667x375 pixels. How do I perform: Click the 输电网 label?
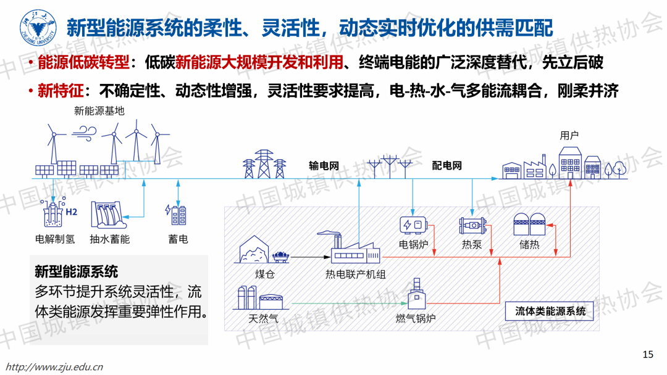[x=324, y=165]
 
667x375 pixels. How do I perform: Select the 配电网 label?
[x=447, y=165]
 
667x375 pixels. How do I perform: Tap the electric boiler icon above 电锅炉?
[x=413, y=226]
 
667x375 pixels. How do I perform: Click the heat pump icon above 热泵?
[x=471, y=226]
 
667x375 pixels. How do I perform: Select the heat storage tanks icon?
[x=529, y=225]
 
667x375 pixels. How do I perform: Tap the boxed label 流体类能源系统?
[x=550, y=311]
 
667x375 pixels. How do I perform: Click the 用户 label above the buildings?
[x=569, y=136]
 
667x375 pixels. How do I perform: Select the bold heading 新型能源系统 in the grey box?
[x=77, y=271]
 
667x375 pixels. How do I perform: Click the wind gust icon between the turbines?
[x=84, y=131]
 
